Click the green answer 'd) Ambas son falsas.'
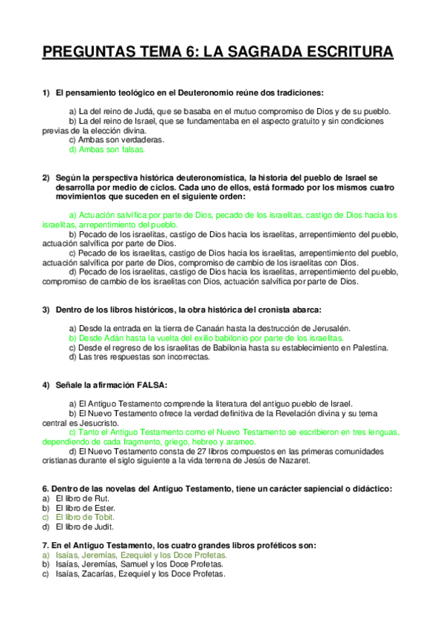coord(106,149)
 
